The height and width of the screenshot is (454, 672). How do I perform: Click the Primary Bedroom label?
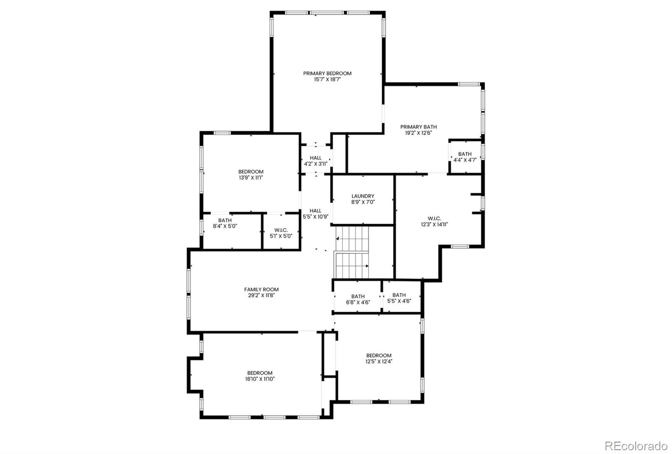(327, 73)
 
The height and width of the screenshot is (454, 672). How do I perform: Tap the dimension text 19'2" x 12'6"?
(418, 133)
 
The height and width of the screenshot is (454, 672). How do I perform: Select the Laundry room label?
(363, 196)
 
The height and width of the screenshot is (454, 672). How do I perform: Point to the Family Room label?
(261, 290)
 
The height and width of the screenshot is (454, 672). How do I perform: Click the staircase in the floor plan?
(352, 252)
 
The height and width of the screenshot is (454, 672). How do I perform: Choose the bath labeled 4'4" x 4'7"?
(465, 157)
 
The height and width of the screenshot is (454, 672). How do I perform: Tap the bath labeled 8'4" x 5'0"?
(225, 223)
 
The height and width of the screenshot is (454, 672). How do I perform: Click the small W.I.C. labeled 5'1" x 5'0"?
(281, 233)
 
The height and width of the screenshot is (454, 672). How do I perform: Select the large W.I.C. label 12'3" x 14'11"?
(434, 222)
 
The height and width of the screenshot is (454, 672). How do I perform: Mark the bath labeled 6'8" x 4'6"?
(358, 299)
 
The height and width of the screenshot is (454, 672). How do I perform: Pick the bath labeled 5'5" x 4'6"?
(399, 298)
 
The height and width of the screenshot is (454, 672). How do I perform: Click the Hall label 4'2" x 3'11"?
(315, 161)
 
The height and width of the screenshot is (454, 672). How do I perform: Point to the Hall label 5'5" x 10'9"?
(315, 214)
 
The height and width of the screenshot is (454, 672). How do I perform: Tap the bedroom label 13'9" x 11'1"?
(251, 175)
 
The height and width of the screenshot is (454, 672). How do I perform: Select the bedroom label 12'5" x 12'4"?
(378, 358)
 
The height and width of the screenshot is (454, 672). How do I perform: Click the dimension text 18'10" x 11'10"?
(260, 379)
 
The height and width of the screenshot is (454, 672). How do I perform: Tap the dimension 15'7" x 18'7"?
(327, 79)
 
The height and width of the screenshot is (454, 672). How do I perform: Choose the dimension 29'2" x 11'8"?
(261, 295)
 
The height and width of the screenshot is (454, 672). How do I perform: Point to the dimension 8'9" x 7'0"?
(363, 202)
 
